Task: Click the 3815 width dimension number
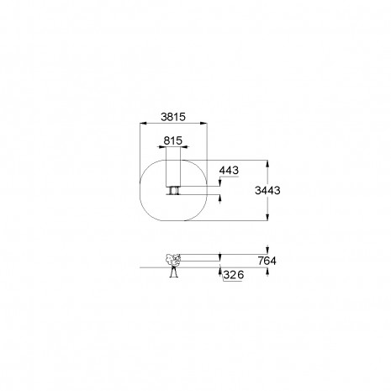point(173,117)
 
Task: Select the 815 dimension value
point(173,140)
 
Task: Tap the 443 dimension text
point(229,170)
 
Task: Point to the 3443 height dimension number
point(267,190)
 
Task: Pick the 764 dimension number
point(267,261)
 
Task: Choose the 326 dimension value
point(234,275)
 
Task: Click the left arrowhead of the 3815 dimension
point(144,123)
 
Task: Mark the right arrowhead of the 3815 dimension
point(203,123)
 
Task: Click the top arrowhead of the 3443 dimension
point(267,164)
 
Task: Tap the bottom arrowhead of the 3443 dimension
point(267,217)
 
